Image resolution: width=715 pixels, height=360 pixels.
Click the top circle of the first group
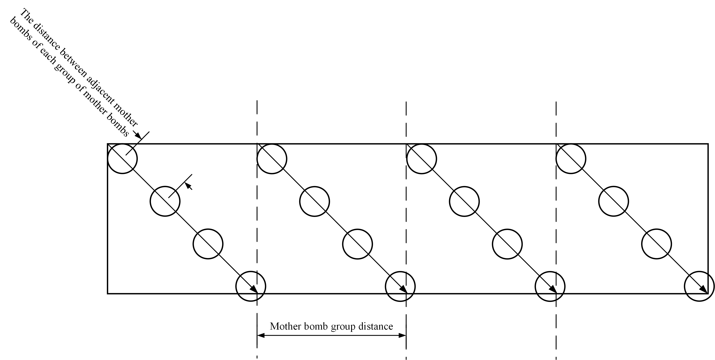click(x=122, y=159)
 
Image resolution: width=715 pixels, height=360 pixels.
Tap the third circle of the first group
click(x=208, y=244)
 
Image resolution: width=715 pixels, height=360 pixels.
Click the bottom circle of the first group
click(x=251, y=286)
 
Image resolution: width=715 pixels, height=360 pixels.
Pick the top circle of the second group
click(x=272, y=159)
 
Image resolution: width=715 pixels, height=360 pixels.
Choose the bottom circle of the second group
click(x=400, y=286)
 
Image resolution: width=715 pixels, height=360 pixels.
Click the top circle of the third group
click(x=422, y=159)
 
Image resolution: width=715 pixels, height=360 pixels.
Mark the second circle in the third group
click(x=464, y=201)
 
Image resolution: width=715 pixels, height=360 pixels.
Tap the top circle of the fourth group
click(x=571, y=159)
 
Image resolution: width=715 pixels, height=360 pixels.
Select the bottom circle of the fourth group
click(x=699, y=286)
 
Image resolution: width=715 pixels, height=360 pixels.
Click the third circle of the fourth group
click(x=656, y=244)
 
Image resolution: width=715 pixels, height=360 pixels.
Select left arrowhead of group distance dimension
click(x=261, y=336)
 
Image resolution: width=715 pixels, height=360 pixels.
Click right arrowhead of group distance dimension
click(x=403, y=336)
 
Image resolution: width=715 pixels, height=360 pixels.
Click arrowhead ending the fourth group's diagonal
click(x=704, y=290)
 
